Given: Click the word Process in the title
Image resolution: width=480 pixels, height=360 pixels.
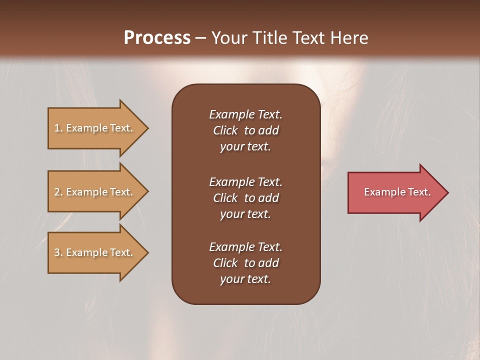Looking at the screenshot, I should [x=157, y=38].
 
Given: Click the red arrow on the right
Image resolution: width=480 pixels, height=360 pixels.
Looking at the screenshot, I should [x=395, y=192].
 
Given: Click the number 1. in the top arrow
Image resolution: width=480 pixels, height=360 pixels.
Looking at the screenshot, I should [x=58, y=128].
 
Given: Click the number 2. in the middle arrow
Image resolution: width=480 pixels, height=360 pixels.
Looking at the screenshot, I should [x=58, y=192].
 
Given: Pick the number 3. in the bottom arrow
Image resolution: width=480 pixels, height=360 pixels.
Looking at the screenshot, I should [x=58, y=252].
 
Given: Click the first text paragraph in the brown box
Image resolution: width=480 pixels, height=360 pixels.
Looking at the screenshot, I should [x=245, y=130].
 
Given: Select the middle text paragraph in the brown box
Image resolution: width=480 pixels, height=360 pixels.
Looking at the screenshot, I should [x=245, y=198].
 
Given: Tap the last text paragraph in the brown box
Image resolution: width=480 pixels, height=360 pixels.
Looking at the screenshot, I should [x=245, y=263].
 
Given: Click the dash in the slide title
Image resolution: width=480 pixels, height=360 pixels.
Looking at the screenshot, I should [x=200, y=38].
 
